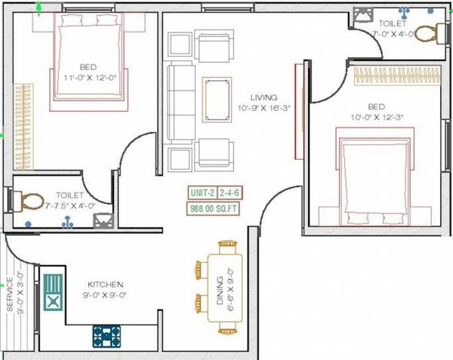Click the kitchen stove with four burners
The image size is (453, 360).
[x=107, y=334]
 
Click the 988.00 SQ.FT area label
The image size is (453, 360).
[x=214, y=209]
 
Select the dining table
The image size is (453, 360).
[x=227, y=287]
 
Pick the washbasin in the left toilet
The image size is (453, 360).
[x=103, y=220]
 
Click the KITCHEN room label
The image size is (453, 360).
[x=105, y=285]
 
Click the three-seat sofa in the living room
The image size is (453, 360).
[x=179, y=101]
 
